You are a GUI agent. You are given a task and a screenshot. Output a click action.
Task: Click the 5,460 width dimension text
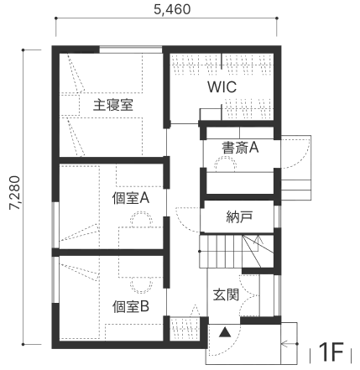[172, 9]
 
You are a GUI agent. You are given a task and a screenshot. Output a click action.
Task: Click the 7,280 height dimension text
[14, 193]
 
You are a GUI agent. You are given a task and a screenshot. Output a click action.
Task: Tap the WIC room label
[222, 87]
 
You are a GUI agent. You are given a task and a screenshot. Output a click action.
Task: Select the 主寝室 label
[112, 105]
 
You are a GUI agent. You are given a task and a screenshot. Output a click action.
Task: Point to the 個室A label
[131, 198]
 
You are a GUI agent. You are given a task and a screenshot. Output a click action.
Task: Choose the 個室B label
[131, 306]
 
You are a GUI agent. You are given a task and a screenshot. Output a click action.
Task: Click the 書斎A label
[240, 148]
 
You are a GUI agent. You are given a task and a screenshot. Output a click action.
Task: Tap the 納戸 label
[239, 216]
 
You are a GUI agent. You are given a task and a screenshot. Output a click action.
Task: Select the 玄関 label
[226, 294]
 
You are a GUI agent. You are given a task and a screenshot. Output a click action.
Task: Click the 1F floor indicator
[331, 352]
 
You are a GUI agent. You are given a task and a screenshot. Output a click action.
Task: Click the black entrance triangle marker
[225, 332]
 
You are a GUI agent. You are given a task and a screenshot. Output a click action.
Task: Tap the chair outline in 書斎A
[225, 164]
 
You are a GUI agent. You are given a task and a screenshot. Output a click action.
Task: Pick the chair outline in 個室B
[143, 285]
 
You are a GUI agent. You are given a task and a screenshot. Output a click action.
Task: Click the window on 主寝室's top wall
[131, 50]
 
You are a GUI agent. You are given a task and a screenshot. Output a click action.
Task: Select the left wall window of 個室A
[56, 224]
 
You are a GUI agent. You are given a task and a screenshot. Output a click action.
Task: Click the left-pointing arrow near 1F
[289, 344]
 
